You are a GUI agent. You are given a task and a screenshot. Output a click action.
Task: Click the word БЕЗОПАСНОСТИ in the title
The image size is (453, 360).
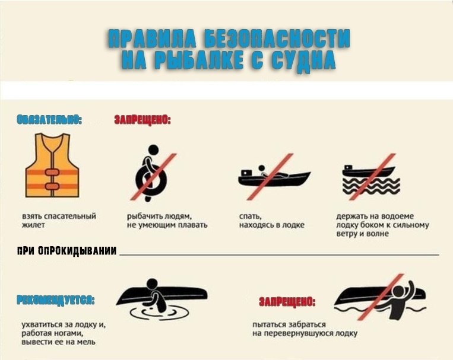277,39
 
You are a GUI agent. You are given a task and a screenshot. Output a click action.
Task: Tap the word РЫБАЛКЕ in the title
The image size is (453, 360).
198,60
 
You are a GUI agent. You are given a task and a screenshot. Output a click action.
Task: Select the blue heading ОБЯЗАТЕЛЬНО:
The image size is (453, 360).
49,120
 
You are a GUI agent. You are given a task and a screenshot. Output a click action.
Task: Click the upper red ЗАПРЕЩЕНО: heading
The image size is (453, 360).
142,120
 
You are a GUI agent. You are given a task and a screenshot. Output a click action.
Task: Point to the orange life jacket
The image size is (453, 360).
52,165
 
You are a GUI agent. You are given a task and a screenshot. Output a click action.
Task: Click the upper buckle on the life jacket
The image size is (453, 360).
52,173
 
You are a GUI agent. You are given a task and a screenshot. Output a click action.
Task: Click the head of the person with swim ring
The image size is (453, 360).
153,150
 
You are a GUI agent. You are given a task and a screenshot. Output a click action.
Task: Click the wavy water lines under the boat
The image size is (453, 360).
371,186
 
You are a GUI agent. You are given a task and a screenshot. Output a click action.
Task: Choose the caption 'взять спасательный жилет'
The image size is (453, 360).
59,220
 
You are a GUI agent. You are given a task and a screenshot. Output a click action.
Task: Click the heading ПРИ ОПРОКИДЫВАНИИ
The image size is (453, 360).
67,251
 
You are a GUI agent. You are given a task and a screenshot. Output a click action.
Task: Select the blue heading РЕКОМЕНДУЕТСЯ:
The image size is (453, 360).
56,300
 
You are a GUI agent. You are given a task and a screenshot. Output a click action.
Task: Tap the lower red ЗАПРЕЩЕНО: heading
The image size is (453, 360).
287,302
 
